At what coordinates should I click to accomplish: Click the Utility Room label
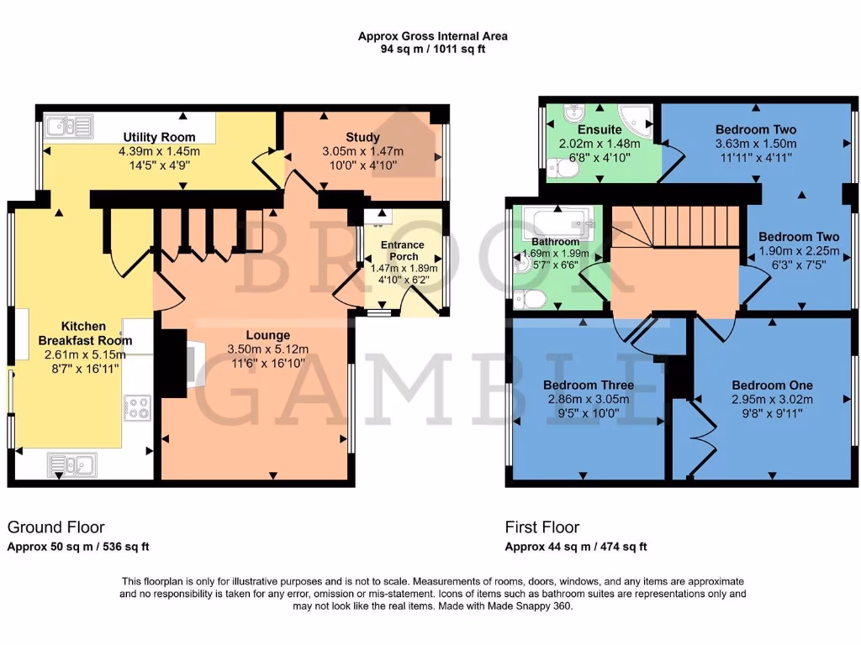pos(159,137)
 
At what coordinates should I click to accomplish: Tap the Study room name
pos(362,137)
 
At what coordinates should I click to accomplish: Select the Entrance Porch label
pos(403,250)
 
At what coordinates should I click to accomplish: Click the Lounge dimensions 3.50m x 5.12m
pos(268,349)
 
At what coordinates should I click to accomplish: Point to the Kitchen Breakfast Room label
pos(84,333)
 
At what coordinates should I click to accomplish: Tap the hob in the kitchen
pos(136,407)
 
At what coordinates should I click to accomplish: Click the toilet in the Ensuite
pos(568,169)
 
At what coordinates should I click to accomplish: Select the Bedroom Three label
pos(589,385)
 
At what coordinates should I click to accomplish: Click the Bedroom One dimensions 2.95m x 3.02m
pos(772,400)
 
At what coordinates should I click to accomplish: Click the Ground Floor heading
pos(56,527)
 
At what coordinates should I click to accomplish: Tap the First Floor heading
pos(541,527)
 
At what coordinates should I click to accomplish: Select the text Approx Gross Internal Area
pos(432,36)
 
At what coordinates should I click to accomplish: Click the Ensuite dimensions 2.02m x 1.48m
pos(600,144)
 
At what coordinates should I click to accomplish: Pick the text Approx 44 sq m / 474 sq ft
pos(575,547)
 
